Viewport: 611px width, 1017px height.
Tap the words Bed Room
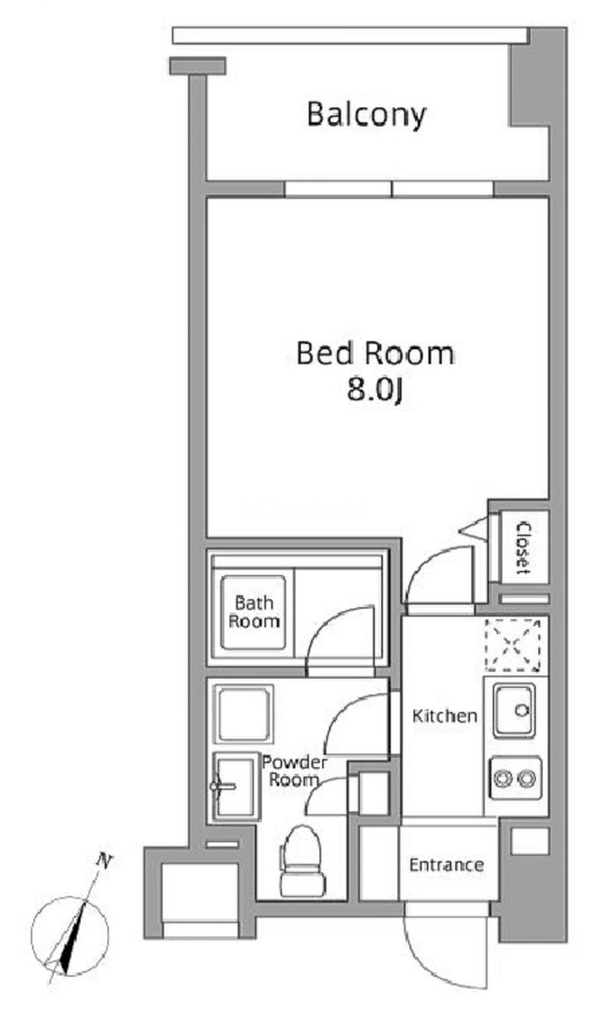(375, 354)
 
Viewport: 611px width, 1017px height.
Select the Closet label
(523, 548)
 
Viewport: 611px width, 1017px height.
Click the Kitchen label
(445, 716)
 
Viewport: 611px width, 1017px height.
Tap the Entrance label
(446, 865)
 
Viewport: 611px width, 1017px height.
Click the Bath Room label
(254, 612)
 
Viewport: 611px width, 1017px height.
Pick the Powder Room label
(294, 771)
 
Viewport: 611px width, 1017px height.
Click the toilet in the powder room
(302, 861)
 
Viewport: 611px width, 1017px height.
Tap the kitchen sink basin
(514, 711)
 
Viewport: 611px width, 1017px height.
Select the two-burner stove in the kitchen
(515, 779)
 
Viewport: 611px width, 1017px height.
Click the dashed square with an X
(513, 645)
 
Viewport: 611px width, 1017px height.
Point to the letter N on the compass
(105, 861)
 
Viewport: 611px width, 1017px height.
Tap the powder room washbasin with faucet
(235, 786)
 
